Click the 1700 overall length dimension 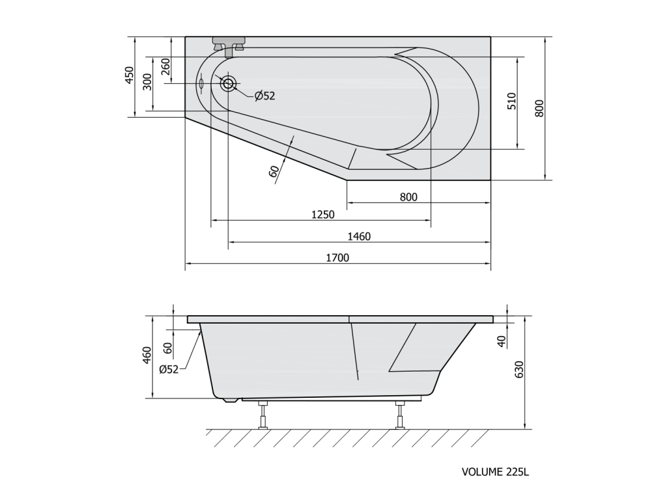337,258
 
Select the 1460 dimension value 359,236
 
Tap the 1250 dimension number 323,215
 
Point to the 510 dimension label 512,101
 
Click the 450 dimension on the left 130,76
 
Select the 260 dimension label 165,66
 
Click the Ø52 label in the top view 265,96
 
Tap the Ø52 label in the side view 169,370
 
